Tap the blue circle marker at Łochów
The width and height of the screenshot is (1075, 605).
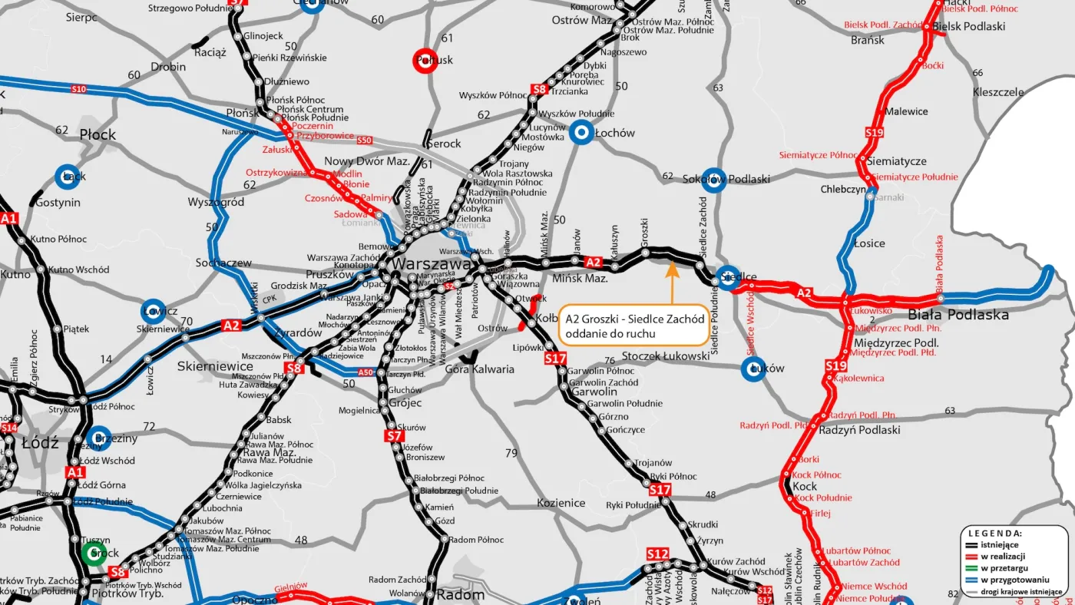click(x=583, y=133)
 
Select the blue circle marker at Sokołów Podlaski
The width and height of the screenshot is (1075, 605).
click(x=714, y=179)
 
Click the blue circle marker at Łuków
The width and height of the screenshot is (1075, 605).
click(x=754, y=369)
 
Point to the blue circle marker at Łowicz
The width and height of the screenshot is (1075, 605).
click(x=154, y=311)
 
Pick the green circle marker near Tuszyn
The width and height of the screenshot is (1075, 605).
click(x=91, y=554)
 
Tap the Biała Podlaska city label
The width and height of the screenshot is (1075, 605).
click(x=958, y=315)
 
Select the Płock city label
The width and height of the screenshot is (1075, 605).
click(x=98, y=135)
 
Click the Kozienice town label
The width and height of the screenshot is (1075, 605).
click(x=561, y=504)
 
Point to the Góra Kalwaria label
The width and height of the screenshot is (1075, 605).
click(x=480, y=369)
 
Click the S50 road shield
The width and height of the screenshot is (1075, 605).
click(x=364, y=141)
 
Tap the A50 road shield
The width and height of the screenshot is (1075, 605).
click(x=367, y=373)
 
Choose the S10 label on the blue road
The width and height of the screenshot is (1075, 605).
click(x=78, y=90)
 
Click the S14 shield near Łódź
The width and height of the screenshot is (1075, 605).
click(x=9, y=428)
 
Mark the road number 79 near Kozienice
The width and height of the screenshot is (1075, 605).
click(x=511, y=453)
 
